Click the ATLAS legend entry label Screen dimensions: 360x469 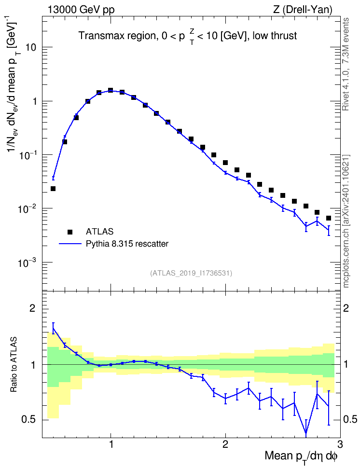coord(99,232)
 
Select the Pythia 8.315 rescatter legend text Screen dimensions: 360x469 coord(127,244)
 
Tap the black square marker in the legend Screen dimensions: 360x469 coord(70,232)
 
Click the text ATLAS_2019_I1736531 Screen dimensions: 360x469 coord(191,273)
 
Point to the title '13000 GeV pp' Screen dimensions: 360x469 coord(81,10)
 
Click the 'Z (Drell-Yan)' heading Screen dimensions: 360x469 coord(303,10)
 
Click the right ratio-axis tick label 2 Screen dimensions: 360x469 coord(346,308)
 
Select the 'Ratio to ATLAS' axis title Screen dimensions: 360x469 coord(14,365)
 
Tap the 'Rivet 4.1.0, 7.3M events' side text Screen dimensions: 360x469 coord(346,64)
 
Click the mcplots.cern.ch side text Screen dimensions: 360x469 coord(346,221)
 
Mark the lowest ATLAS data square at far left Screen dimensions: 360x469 coord(53,189)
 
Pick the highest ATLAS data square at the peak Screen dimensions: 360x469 coord(111,90)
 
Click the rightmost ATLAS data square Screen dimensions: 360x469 coord(329,218)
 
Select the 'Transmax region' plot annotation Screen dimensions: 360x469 coord(116,36)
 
